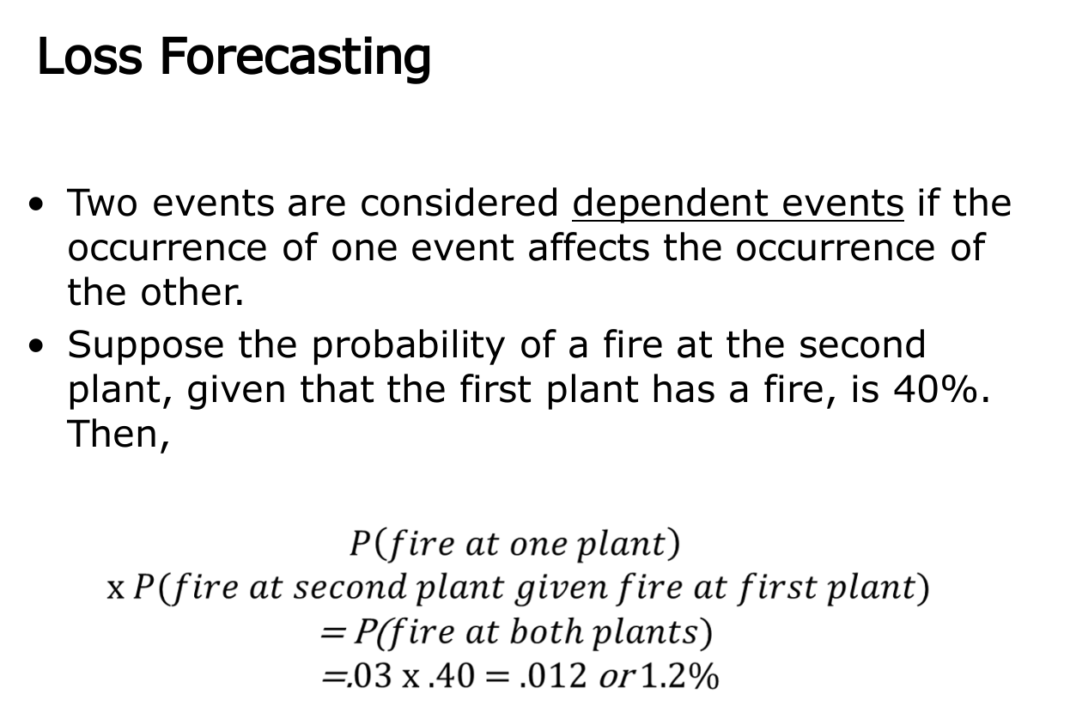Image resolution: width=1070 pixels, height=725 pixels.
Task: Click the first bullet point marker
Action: [x=35, y=205]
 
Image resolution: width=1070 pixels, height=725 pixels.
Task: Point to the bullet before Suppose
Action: [x=35, y=346]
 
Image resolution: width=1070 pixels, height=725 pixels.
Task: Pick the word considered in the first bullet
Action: [x=459, y=204]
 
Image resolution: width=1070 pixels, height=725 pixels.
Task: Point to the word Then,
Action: [x=119, y=435]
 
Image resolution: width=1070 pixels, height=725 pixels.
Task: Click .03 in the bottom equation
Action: [x=353, y=677]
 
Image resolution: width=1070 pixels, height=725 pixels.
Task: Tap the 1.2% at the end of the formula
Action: [x=678, y=677]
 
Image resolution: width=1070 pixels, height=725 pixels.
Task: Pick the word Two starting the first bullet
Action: [x=98, y=204]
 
